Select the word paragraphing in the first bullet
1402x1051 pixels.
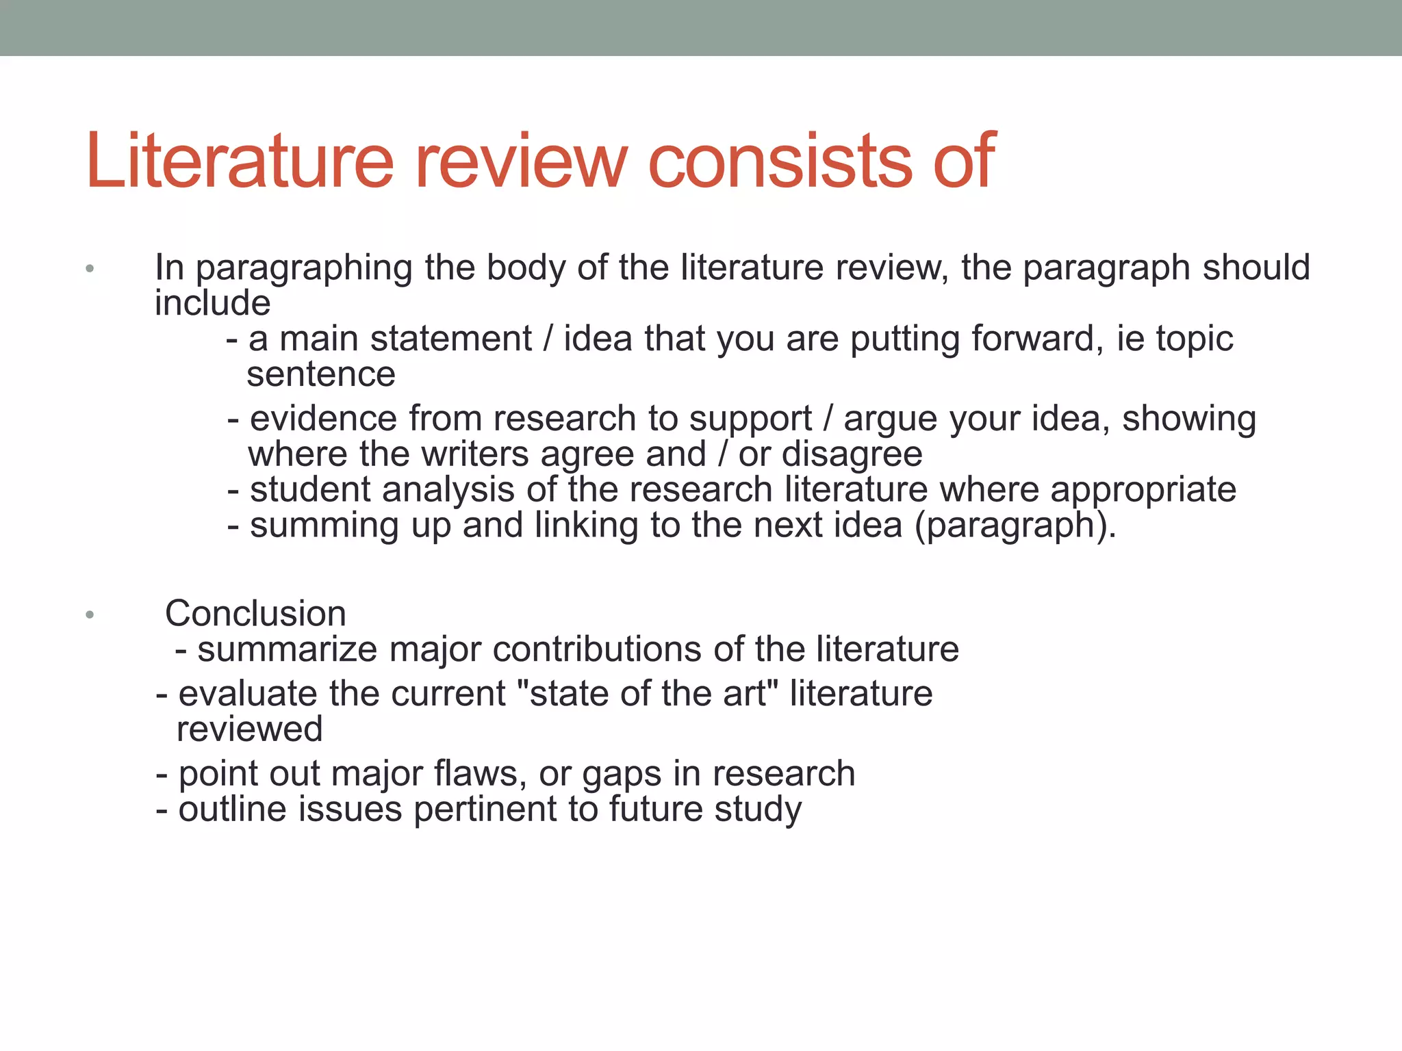point(304,268)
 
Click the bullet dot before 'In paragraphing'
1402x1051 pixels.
point(90,269)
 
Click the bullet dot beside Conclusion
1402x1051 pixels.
point(90,615)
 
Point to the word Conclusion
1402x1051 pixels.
point(255,614)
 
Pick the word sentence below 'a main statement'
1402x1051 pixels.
point(321,375)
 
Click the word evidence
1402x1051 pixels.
point(323,419)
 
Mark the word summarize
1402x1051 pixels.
point(287,649)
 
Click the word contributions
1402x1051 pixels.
point(597,649)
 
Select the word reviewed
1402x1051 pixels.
point(249,729)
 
